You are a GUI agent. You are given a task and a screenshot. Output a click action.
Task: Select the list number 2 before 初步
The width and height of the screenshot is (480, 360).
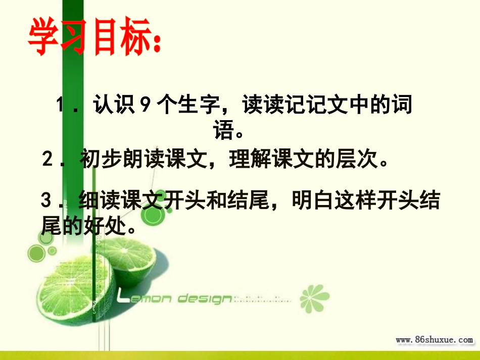coord(48,160)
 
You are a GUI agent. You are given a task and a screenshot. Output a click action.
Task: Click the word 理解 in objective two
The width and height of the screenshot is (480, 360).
coord(245,160)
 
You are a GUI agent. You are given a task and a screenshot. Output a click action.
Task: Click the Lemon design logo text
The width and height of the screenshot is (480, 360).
coord(174,298)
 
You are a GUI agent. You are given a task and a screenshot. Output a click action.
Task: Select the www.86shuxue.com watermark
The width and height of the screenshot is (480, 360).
coord(434,340)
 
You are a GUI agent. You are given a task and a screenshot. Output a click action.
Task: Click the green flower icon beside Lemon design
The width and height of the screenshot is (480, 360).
coord(314,298)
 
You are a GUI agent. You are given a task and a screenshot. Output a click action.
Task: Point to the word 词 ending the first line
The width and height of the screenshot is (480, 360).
coord(401,106)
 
